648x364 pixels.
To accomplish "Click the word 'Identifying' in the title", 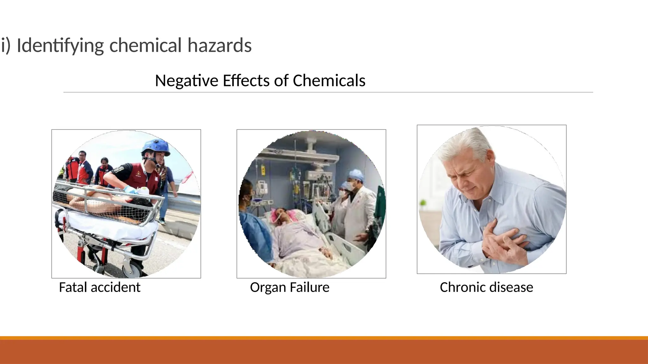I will point(60,45).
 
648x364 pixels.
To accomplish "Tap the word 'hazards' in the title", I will point(220,45).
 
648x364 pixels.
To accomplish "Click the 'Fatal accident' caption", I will point(100,287).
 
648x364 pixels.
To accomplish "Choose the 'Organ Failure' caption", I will point(290,287).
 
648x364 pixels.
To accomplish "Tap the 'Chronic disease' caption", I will point(486,287).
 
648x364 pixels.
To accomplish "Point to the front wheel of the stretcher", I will point(134,270).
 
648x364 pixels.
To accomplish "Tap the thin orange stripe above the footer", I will point(324,338).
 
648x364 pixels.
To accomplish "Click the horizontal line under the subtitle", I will point(328,92).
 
